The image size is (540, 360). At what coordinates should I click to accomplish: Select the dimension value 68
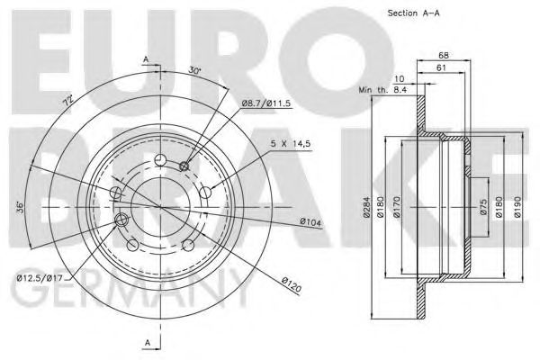[443, 56]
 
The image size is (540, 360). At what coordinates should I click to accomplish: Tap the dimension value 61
[441, 68]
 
